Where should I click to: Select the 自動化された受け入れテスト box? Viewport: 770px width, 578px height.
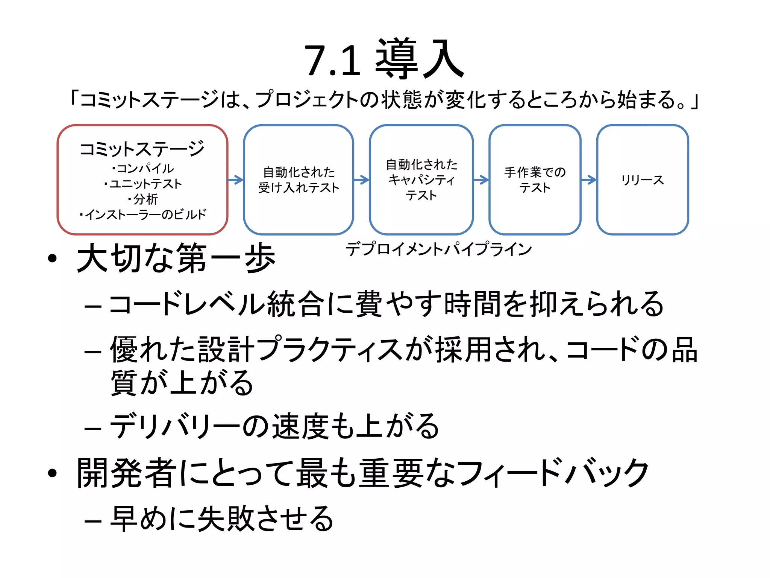pyautogui.click(x=299, y=180)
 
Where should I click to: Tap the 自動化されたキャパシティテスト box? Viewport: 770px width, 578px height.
pyautogui.click(x=421, y=180)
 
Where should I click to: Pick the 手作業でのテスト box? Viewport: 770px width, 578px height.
pyautogui.click(x=535, y=180)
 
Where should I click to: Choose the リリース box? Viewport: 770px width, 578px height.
pyautogui.click(x=642, y=180)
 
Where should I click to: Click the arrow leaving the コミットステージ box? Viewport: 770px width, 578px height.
pyautogui.click(x=236, y=180)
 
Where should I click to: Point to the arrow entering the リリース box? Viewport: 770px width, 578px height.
pyautogui.click(x=589, y=180)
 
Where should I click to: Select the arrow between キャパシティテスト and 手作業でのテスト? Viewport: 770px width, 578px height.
pyautogui.click(x=481, y=180)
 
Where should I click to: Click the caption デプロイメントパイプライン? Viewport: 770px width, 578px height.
pyautogui.click(x=438, y=249)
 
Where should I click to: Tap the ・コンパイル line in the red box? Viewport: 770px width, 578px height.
pyautogui.click(x=143, y=168)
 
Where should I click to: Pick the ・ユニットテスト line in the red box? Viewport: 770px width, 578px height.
pyautogui.click(x=143, y=184)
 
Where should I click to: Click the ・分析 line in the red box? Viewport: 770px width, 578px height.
pyautogui.click(x=143, y=199)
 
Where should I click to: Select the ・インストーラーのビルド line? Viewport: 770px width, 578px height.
pyautogui.click(x=143, y=214)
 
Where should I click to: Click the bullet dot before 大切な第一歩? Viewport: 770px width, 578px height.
pyautogui.click(x=52, y=259)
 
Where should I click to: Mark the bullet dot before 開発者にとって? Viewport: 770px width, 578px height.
pyautogui.click(x=52, y=473)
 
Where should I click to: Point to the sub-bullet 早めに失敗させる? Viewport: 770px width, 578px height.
pyautogui.click(x=222, y=519)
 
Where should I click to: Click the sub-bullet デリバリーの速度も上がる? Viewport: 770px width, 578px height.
pyautogui.click(x=274, y=426)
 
